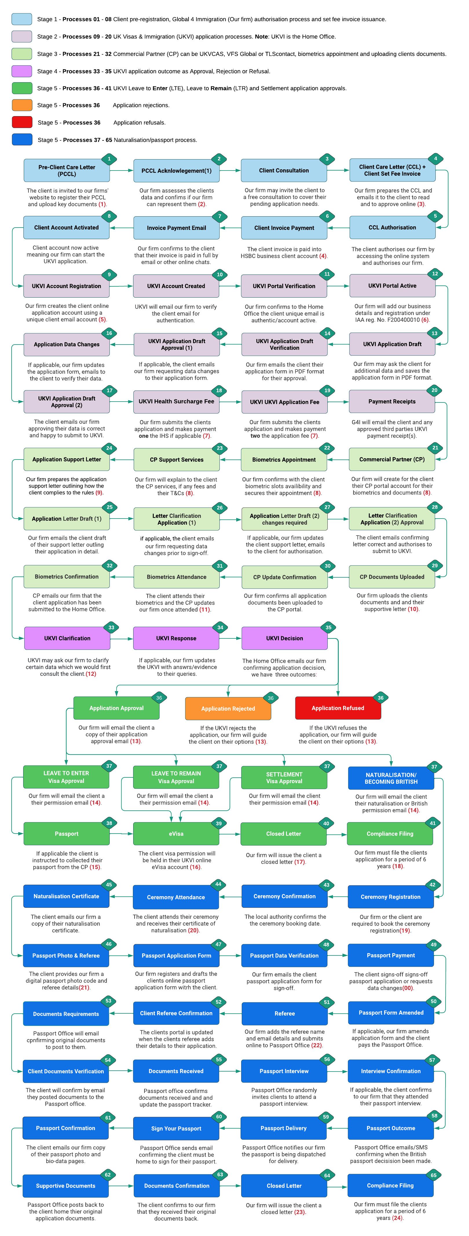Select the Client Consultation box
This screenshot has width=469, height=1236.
[x=284, y=170]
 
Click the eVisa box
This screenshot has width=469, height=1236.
[x=176, y=834]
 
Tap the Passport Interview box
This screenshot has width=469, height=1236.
[x=284, y=1071]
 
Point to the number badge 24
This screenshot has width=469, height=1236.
[x=109, y=448]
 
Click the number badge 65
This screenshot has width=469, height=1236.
[x=433, y=1175]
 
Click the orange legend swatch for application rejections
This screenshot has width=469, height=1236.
[x=22, y=105]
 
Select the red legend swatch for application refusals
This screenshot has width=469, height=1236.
[x=22, y=122]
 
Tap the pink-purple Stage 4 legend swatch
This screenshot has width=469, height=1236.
[x=22, y=71]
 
